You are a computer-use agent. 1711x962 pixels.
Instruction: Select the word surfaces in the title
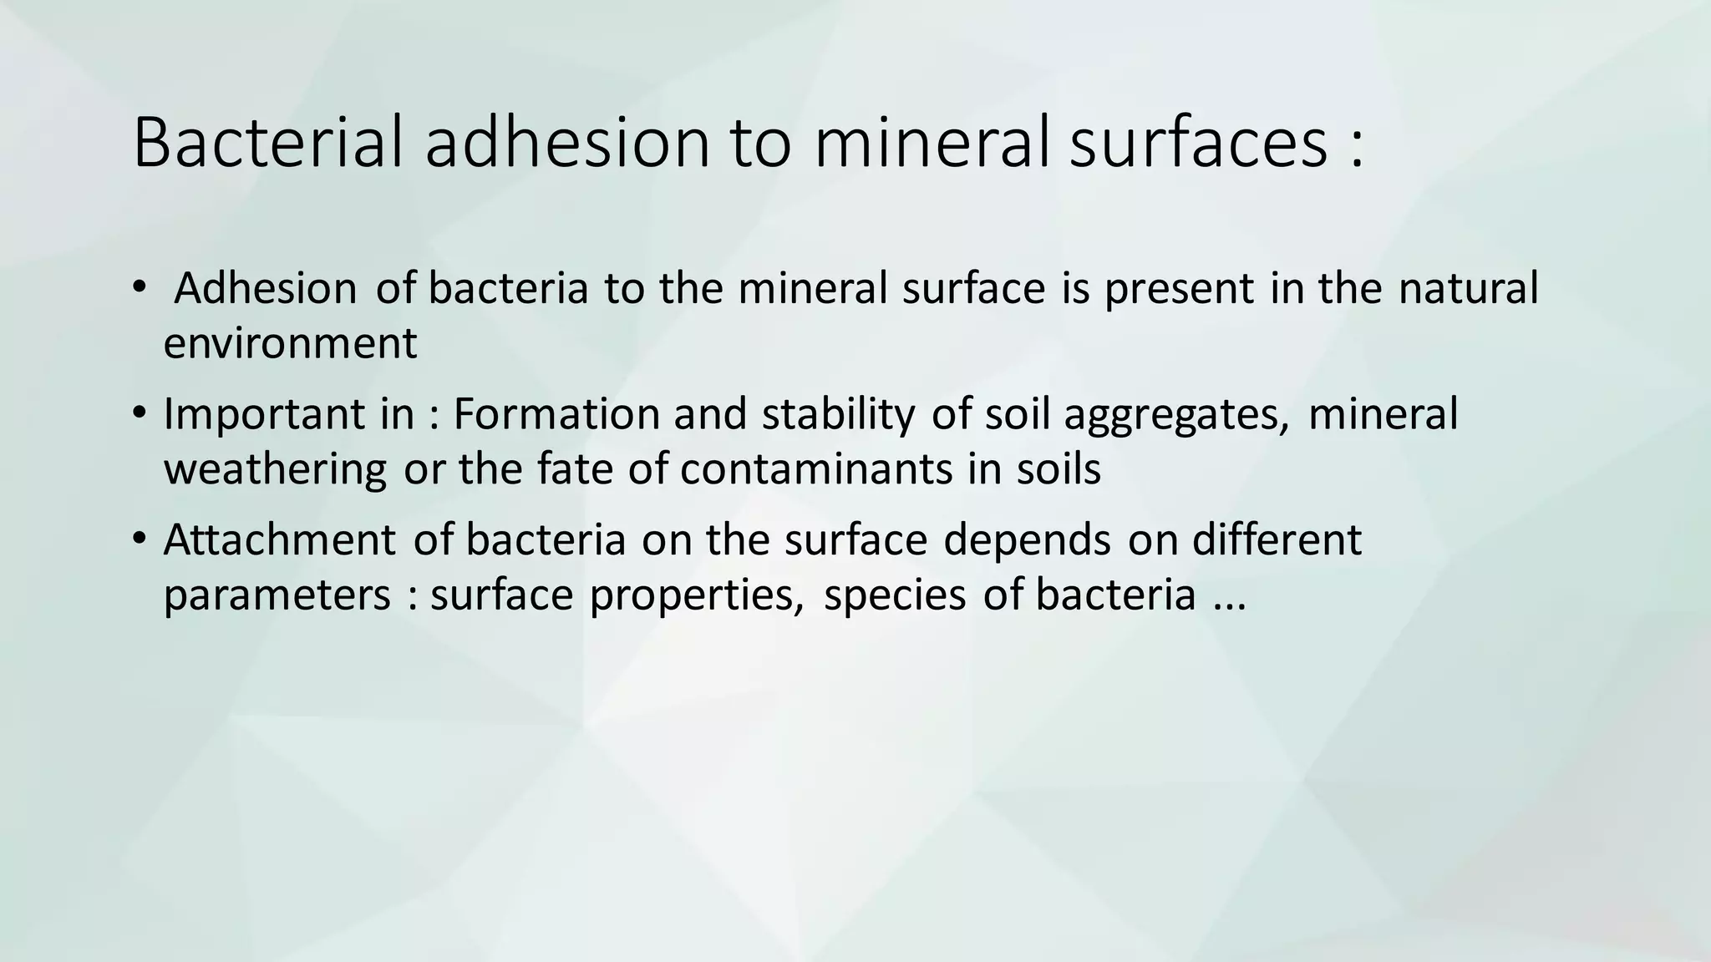1198,144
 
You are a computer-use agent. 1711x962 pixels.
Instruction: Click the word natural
1468,289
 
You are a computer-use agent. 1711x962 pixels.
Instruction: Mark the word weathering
275,469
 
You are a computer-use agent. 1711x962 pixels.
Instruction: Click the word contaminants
816,469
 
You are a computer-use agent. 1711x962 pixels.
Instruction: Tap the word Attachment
279,539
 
